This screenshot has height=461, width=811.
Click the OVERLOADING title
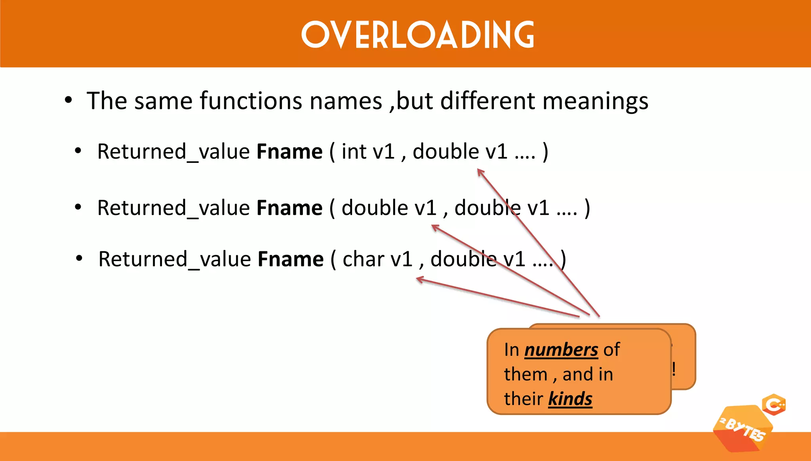418,34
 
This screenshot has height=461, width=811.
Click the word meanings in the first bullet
595,101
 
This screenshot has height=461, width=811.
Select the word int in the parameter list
354,151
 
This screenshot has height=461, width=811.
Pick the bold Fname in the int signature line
289,151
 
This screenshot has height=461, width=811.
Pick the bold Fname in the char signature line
291,259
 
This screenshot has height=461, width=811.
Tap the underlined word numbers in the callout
561,350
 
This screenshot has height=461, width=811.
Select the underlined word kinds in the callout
570,398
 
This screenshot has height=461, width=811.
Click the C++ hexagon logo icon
774,405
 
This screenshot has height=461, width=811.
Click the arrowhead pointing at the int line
480,172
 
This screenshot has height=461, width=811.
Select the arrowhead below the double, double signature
435,228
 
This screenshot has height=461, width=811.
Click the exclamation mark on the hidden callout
674,369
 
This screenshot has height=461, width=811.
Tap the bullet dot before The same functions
69,100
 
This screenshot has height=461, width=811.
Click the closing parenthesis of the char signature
563,259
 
